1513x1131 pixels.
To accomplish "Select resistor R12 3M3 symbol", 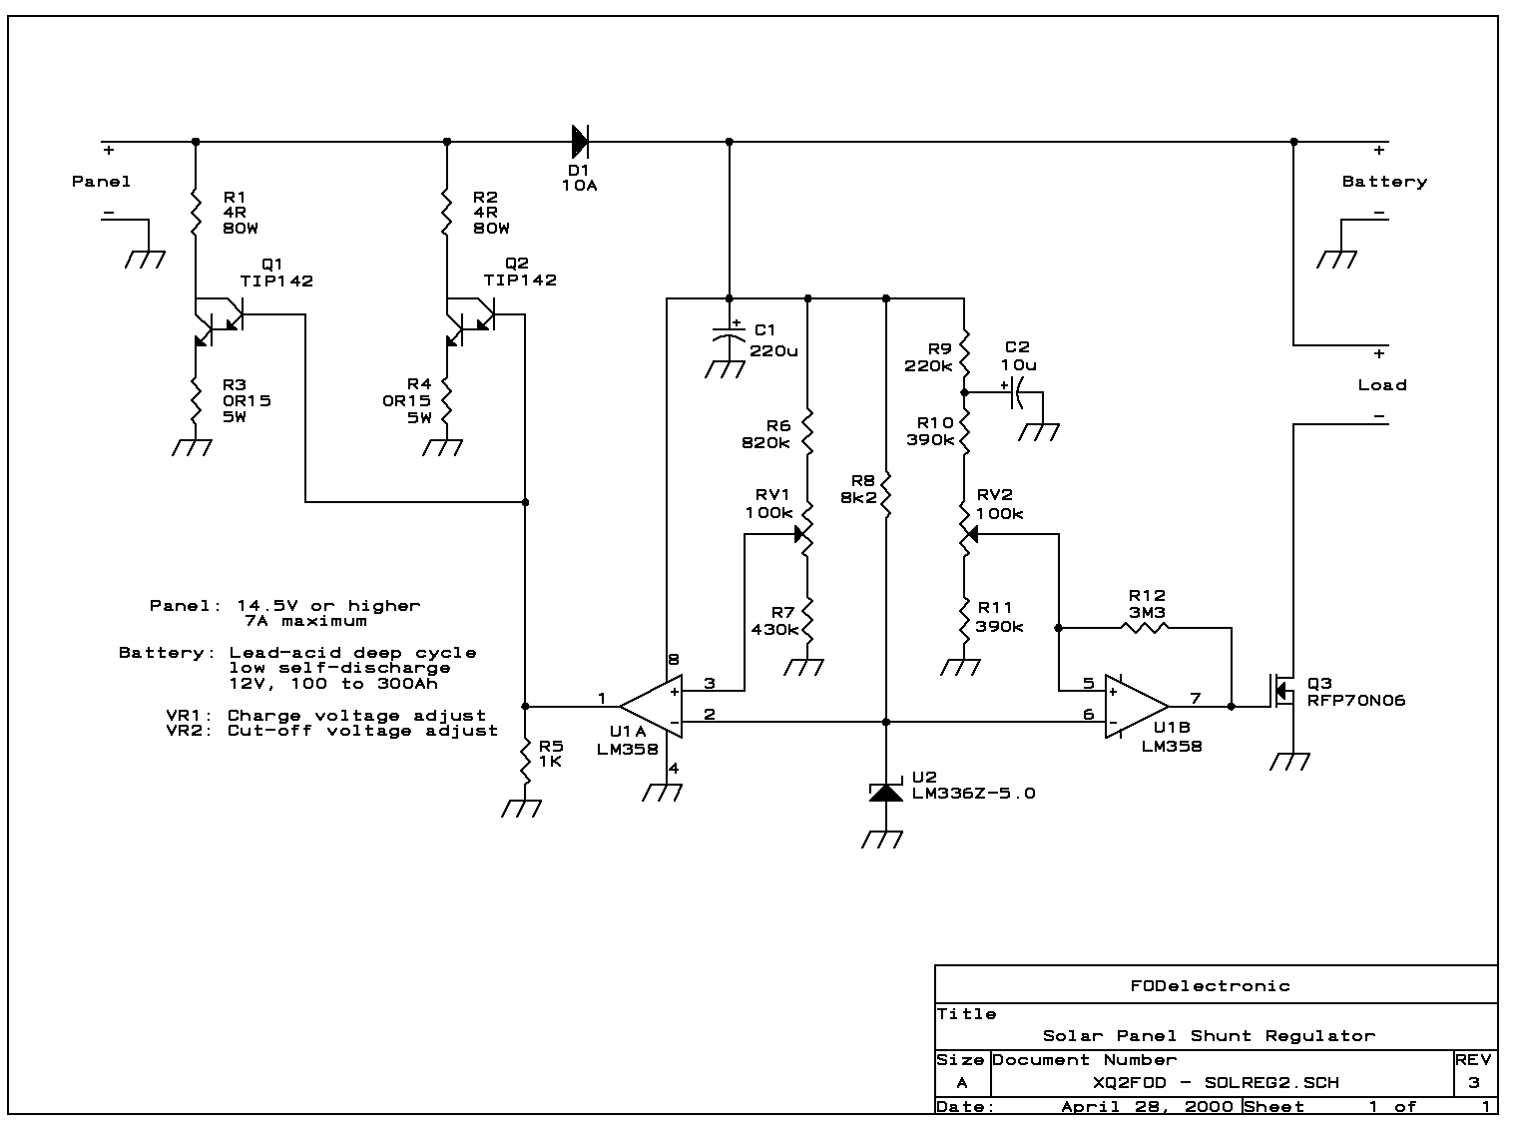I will pos(1145,628).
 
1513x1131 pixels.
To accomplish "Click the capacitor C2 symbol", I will pos(1017,393).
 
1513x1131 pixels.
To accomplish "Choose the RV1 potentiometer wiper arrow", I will pos(800,535).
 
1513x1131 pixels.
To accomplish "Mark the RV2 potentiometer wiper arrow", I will pos(972,535).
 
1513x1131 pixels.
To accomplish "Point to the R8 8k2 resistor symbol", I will pos(886,496).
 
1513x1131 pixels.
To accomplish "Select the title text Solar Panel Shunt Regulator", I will pos(1209,1036).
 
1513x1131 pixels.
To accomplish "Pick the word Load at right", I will pos(1381,385).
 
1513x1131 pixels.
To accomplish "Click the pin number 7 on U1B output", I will pos(1195,698).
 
